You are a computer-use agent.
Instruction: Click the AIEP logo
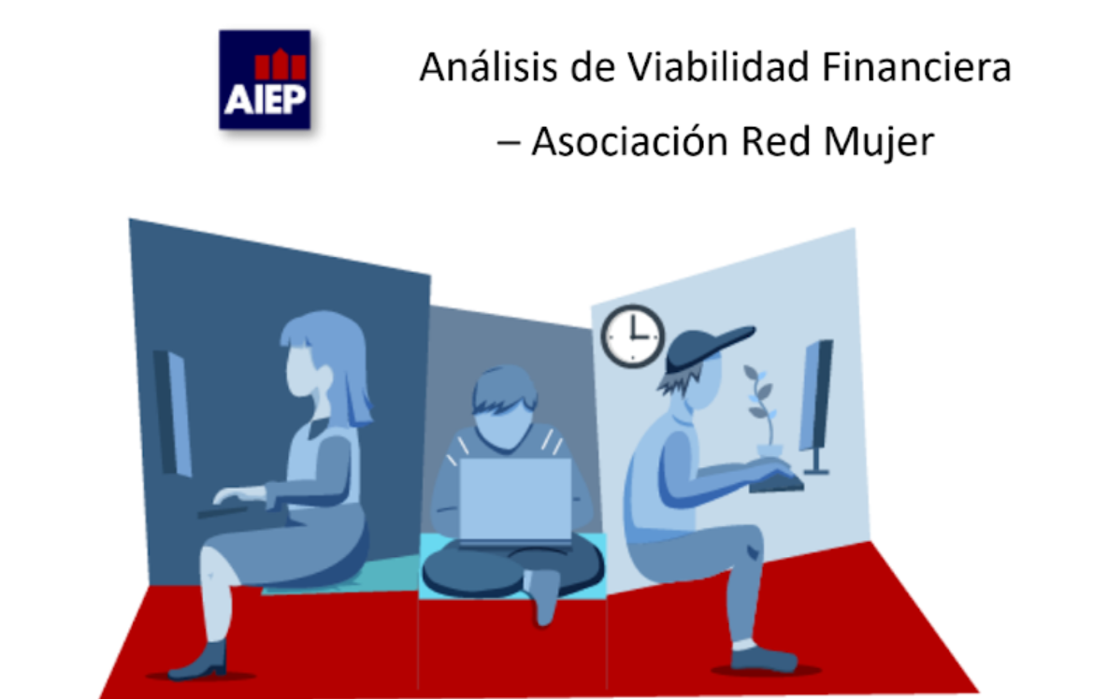coord(265,79)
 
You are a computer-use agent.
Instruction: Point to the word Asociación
coord(630,141)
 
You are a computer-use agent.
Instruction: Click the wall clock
coord(632,336)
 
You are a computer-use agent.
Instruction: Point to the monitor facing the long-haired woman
coord(172,413)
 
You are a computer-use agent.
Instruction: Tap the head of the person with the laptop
coord(505,408)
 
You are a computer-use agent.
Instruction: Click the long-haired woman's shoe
coord(200,661)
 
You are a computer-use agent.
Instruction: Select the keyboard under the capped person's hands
coord(777,483)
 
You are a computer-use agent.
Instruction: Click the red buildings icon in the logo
coord(281,64)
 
